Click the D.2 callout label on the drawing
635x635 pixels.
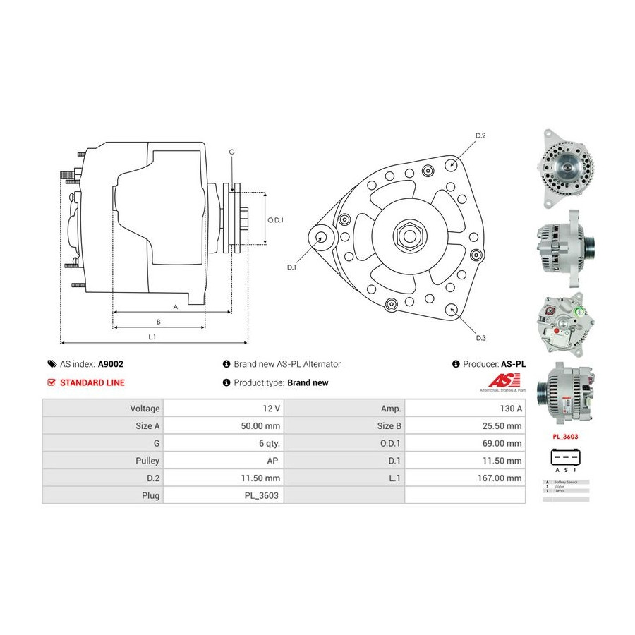[480, 135]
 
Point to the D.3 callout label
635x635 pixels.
[480, 338]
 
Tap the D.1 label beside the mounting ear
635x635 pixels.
[291, 267]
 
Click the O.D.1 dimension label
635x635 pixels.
[275, 220]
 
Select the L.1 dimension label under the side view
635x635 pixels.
[152, 337]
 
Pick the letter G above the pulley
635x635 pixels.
[231, 152]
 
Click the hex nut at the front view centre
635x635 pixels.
[408, 234]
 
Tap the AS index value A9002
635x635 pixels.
[110, 364]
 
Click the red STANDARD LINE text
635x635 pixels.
[92, 382]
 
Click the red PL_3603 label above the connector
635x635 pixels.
[565, 437]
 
